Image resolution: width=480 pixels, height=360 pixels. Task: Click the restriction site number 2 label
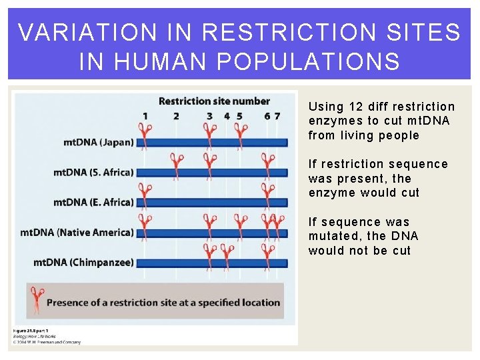tap(176, 116)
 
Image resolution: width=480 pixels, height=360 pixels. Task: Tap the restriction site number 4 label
tap(227, 116)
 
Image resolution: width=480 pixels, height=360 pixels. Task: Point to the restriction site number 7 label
tap(277, 116)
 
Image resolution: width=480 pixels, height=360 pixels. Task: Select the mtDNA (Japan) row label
tap(99, 142)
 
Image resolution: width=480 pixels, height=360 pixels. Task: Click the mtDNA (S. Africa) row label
tap(93, 172)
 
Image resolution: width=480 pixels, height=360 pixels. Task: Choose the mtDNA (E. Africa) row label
tap(93, 202)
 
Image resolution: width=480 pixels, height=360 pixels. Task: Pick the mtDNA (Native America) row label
tap(77, 232)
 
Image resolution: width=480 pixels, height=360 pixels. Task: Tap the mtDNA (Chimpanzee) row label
tap(83, 262)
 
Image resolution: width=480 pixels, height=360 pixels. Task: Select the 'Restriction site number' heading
tap(214, 101)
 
